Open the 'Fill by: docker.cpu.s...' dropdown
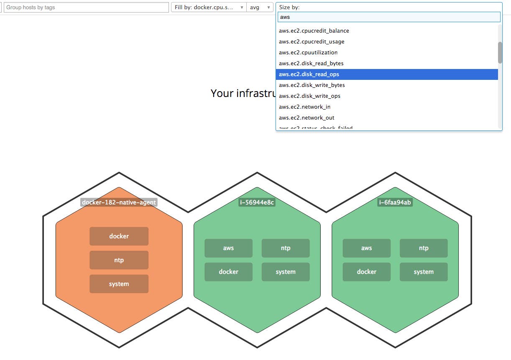(x=209, y=8)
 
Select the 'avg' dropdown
(x=260, y=8)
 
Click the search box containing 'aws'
(x=389, y=17)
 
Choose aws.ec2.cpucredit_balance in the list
(x=314, y=31)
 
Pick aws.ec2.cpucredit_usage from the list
(x=312, y=42)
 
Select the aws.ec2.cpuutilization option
(x=308, y=53)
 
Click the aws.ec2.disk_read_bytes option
(x=311, y=64)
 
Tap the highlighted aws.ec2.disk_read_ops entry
(x=309, y=74)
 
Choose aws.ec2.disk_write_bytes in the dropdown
(x=312, y=85)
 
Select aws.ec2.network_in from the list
(x=304, y=107)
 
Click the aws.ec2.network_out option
(x=307, y=118)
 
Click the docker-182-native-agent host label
(x=119, y=203)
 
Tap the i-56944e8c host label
(x=257, y=203)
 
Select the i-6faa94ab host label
(x=395, y=203)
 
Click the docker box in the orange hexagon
(x=119, y=236)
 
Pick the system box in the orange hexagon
(x=119, y=284)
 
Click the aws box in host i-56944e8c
(x=228, y=248)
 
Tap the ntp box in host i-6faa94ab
(x=424, y=248)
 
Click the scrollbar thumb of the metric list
(x=500, y=53)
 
